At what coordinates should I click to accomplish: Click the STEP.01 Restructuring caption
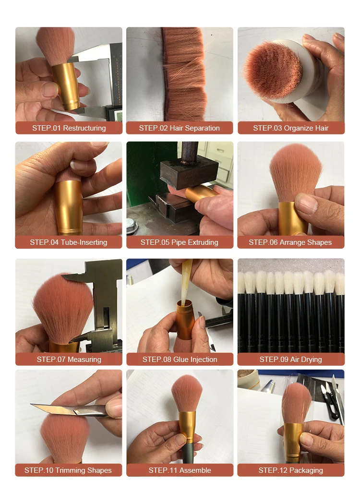pos(69,128)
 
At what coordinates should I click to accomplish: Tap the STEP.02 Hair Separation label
pos(179,128)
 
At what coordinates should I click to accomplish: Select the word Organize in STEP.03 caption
pos(298,128)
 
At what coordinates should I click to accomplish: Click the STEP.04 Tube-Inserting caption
pos(69,242)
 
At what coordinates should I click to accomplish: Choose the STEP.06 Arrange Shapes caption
pos(290,242)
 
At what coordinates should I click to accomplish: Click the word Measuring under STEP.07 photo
pos(84,360)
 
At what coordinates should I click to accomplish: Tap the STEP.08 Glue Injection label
pos(180,360)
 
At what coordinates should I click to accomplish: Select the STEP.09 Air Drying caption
pos(290,360)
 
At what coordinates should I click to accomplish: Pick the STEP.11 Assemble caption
pos(180,470)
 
